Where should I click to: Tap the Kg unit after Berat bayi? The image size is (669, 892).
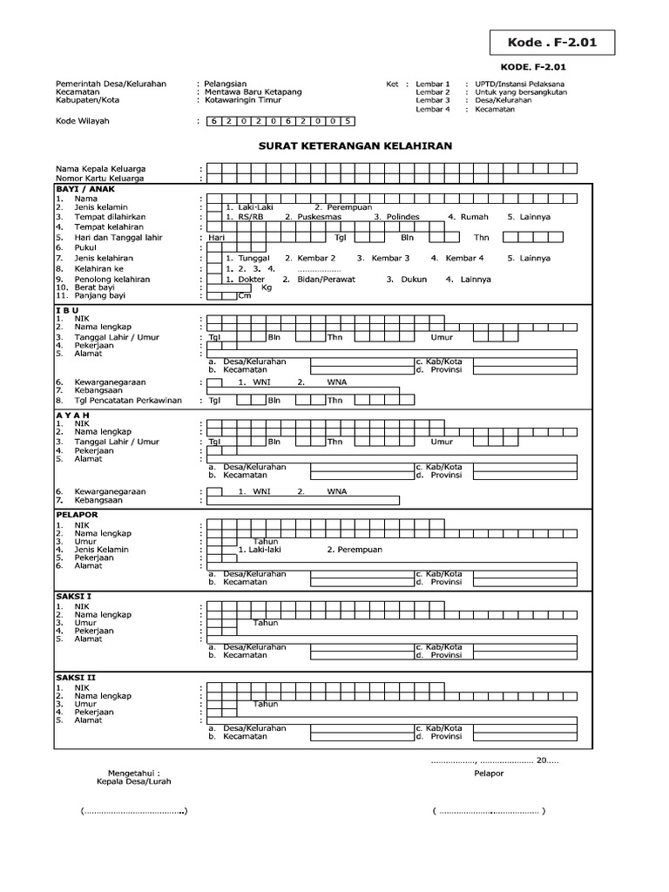(x=267, y=287)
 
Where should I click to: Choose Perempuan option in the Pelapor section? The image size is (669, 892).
(x=355, y=550)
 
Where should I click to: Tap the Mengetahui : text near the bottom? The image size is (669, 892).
(x=133, y=773)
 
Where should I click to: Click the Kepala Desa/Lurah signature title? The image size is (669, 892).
(x=133, y=781)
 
